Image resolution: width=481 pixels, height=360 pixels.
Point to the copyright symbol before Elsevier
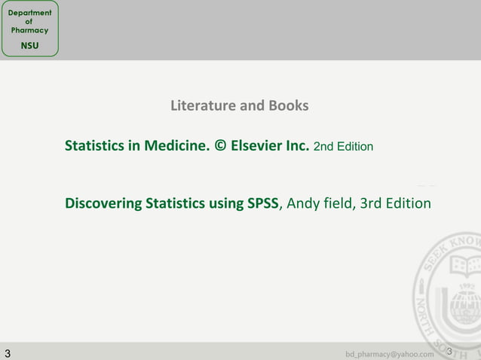click(x=220, y=145)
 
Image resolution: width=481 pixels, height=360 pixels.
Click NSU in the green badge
click(x=29, y=46)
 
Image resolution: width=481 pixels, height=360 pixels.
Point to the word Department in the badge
click(x=29, y=13)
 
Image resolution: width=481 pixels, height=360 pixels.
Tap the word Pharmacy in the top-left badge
click(x=29, y=30)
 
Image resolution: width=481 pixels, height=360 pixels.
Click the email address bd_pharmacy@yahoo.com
click(x=390, y=354)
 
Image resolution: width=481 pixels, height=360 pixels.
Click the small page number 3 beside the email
click(x=449, y=352)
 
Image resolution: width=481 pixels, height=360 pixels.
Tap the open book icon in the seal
click(x=466, y=265)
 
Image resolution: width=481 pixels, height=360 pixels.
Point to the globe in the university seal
click(x=466, y=305)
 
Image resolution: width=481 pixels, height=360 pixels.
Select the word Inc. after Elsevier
click(x=297, y=145)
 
